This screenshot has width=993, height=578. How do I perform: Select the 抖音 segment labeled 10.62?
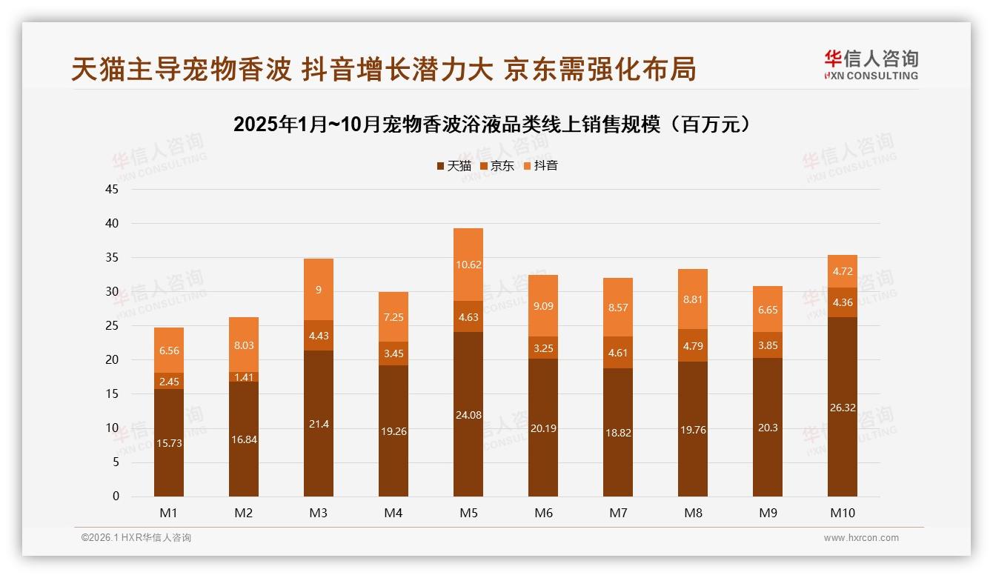tap(468, 265)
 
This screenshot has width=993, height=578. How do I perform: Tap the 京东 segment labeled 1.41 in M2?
tap(244, 376)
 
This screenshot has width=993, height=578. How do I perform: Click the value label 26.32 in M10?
tap(843, 407)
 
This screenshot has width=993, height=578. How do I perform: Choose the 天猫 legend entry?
tap(454, 166)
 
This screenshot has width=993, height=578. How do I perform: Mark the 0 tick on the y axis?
tap(116, 496)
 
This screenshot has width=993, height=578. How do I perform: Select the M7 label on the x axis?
tap(618, 513)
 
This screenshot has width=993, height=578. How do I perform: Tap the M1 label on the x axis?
tap(169, 513)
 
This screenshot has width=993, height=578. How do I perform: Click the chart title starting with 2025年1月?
tap(496, 124)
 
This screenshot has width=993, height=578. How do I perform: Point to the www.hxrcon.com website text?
tap(860, 538)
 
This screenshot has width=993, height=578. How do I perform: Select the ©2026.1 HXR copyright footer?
tap(136, 538)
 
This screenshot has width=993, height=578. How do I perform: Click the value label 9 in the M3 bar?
tap(319, 290)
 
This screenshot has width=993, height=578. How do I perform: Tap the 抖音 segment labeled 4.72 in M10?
tap(843, 271)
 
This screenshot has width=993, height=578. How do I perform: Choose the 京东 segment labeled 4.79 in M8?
tap(693, 345)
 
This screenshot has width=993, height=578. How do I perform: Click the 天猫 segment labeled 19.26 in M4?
tap(393, 431)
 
